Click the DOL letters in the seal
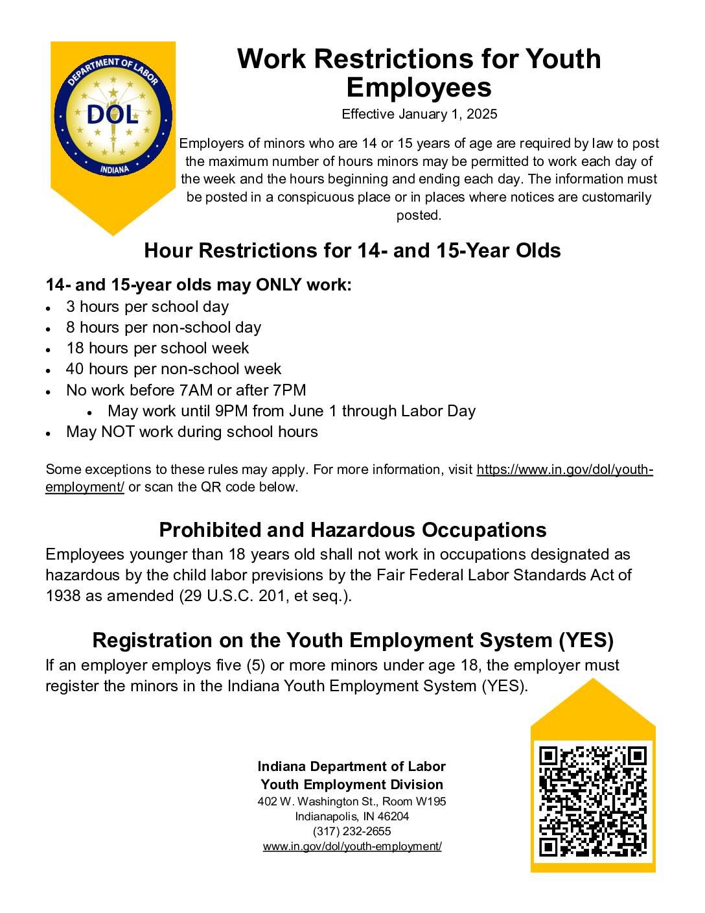tap(113, 115)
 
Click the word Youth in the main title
tap(562, 59)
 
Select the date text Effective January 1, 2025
tap(419, 114)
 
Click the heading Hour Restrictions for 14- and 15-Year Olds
tap(352, 250)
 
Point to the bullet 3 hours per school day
tap(147, 307)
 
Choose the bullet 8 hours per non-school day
tap(163, 327)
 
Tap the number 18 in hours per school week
tap(75, 348)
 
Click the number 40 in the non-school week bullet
tap(75, 369)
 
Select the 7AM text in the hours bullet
tap(194, 390)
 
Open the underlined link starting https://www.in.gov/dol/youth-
tap(564, 469)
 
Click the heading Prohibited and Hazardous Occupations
tap(352, 530)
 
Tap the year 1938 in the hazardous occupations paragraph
tap(63, 595)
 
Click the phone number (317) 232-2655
tap(352, 831)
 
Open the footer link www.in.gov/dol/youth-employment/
tap(352, 846)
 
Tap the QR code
tap(592, 801)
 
